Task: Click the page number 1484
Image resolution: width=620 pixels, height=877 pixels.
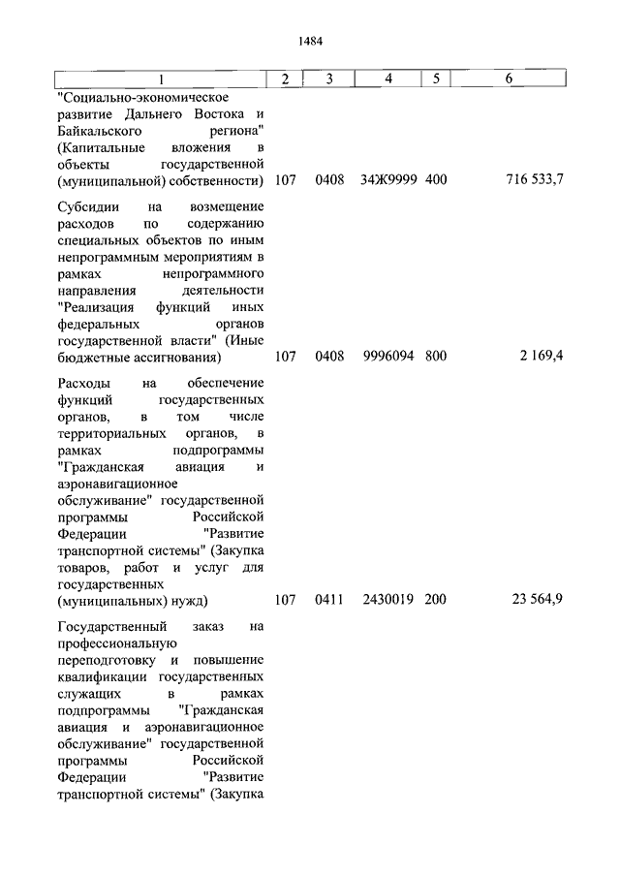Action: click(x=310, y=41)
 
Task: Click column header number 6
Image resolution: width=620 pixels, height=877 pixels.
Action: click(x=509, y=78)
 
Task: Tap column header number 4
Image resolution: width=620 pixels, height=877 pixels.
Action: click(x=387, y=78)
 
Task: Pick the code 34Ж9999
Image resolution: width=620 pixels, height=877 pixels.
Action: click(x=387, y=181)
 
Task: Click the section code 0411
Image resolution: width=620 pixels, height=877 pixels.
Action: click(x=329, y=600)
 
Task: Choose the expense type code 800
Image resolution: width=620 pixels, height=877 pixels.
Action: click(x=435, y=356)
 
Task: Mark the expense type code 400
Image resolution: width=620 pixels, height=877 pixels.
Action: click(x=435, y=181)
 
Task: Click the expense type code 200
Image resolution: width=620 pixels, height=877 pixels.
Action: click(x=435, y=600)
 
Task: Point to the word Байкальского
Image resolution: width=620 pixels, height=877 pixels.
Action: click(x=102, y=129)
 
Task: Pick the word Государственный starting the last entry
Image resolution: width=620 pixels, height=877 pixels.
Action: click(x=109, y=626)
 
